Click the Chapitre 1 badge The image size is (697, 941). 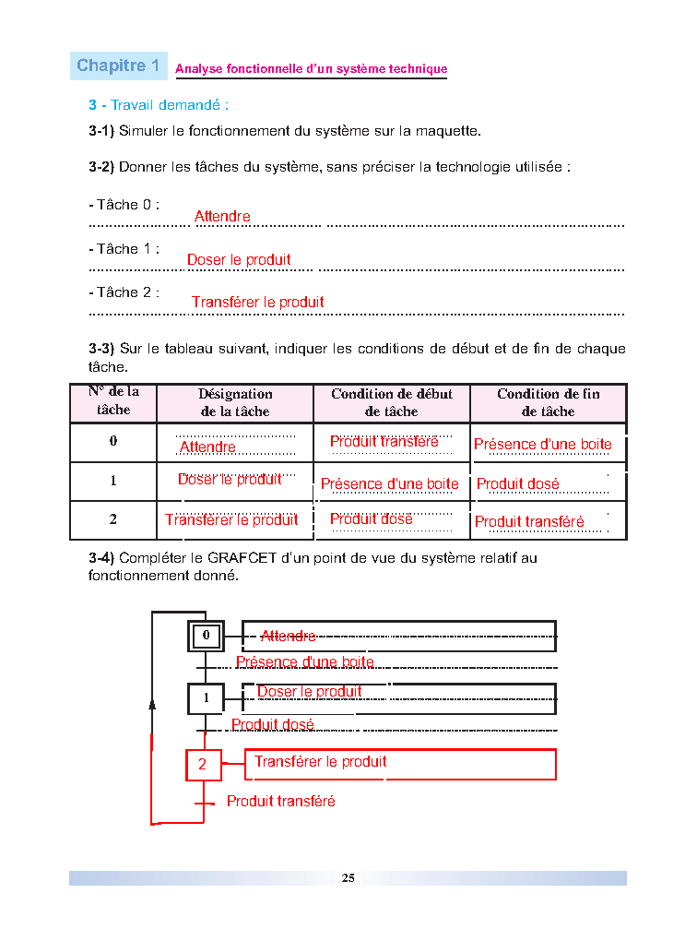(x=119, y=66)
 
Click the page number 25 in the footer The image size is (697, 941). (x=348, y=877)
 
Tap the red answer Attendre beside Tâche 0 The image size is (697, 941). (x=222, y=217)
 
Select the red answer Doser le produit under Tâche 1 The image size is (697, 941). (x=239, y=260)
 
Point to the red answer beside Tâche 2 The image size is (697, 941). (x=258, y=303)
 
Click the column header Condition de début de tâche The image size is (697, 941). (x=392, y=403)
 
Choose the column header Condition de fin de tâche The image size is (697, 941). (x=548, y=403)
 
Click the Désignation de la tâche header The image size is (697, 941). (x=235, y=403)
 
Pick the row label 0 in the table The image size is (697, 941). (x=113, y=441)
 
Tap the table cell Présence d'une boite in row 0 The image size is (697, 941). (x=543, y=445)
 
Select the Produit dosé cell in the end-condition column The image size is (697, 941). (x=518, y=484)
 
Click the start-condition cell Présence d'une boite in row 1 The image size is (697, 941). (x=390, y=484)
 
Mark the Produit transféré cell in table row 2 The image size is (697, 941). (x=529, y=522)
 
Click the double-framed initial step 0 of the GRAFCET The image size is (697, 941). (x=206, y=636)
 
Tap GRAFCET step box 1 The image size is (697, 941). (x=206, y=698)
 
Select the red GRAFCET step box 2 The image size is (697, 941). (x=204, y=765)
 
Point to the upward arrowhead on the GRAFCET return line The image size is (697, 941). (x=152, y=704)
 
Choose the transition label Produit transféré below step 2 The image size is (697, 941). (x=281, y=802)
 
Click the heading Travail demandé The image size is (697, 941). (x=159, y=106)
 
